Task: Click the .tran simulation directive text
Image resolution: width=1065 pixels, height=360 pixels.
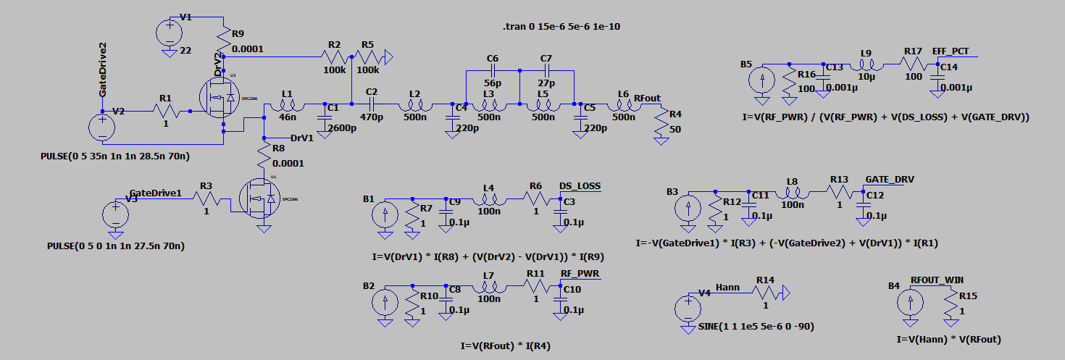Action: [x=561, y=26]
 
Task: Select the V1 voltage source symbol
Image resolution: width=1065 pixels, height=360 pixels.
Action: [x=170, y=33]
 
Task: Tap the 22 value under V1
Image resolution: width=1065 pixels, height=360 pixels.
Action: [x=185, y=50]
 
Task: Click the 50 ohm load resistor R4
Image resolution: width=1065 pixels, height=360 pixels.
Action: [x=661, y=124]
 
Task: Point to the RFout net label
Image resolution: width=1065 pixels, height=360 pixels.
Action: [x=647, y=97]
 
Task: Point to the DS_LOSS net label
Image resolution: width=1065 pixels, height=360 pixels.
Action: [x=580, y=186]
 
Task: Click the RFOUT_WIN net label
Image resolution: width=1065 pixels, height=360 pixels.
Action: [x=937, y=280]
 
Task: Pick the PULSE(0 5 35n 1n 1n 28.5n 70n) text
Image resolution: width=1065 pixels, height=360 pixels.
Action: [x=120, y=156]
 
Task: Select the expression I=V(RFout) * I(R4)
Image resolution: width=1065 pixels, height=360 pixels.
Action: [x=506, y=346]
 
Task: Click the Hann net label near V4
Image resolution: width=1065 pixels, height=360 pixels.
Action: [x=727, y=288]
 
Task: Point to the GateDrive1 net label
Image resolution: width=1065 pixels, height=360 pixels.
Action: [x=155, y=193]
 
